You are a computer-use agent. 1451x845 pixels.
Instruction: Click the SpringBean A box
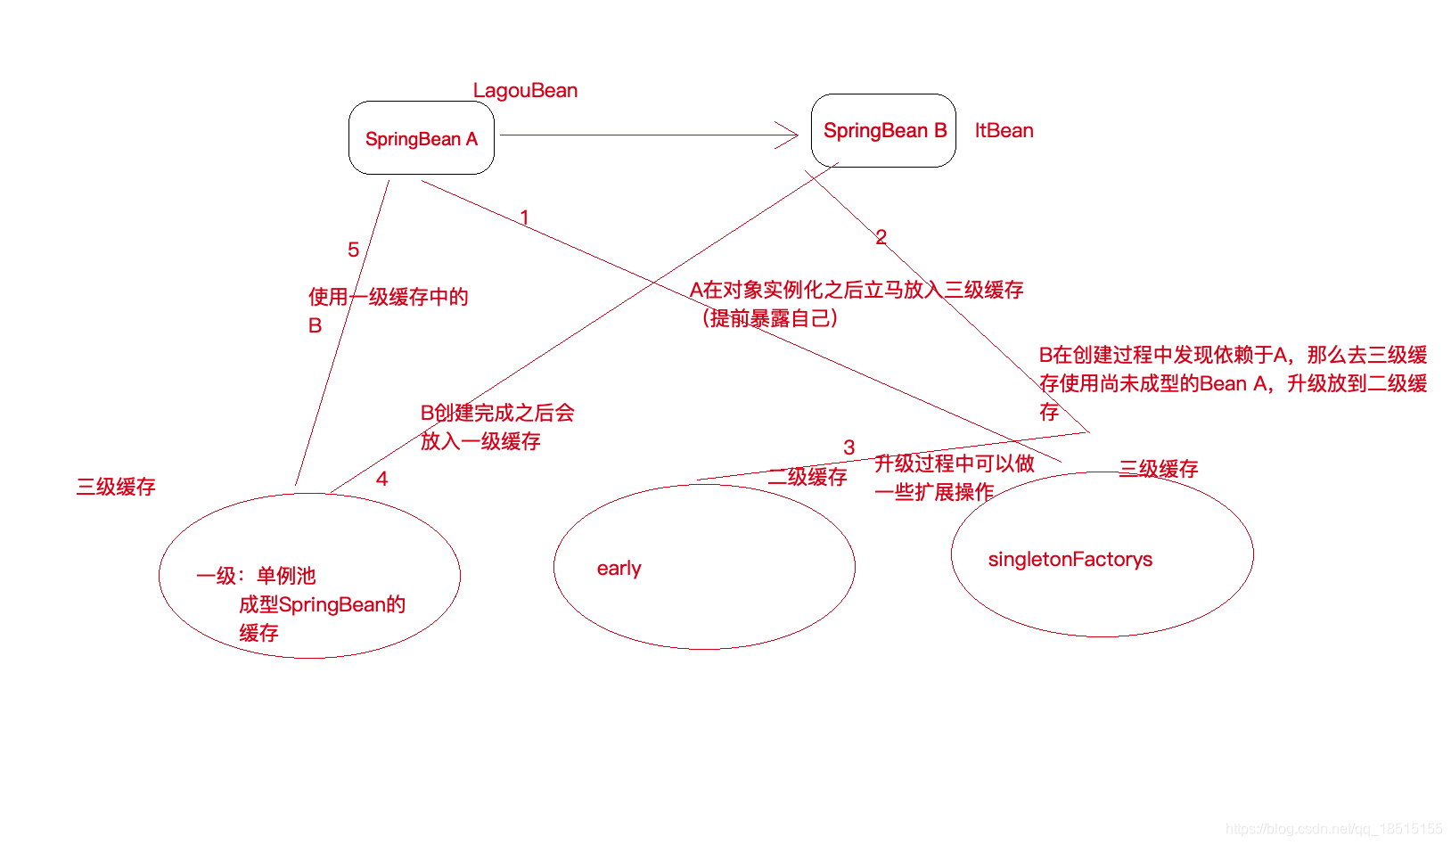click(422, 138)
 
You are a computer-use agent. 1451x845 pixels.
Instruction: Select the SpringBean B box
click(883, 131)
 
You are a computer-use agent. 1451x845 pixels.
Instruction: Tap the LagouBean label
click(525, 91)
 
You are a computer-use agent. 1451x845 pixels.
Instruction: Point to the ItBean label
click(1004, 131)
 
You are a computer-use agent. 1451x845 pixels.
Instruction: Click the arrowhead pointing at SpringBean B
click(789, 135)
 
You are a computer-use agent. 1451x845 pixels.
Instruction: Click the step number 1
click(525, 217)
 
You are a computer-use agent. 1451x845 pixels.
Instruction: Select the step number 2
click(881, 237)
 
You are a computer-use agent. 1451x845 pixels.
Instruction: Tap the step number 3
click(848, 447)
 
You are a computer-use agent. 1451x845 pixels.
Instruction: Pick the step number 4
click(381, 479)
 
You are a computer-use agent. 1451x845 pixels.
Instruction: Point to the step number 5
click(353, 250)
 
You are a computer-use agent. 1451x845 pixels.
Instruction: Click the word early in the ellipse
click(619, 569)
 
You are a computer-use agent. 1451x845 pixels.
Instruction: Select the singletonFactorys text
click(1070, 560)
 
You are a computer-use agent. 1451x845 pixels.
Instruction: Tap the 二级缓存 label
click(807, 477)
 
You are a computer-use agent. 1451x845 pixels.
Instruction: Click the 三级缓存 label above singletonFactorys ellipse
click(1159, 469)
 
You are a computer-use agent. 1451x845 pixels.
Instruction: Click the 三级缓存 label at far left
click(116, 487)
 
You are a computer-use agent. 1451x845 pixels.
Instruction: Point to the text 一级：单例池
click(256, 576)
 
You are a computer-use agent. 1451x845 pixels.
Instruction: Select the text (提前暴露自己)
click(769, 318)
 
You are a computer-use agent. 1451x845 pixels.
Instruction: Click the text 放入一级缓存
click(480, 441)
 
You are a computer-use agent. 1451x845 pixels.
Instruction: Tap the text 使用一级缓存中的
click(388, 297)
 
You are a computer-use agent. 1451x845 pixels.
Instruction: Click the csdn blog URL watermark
click(1333, 829)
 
